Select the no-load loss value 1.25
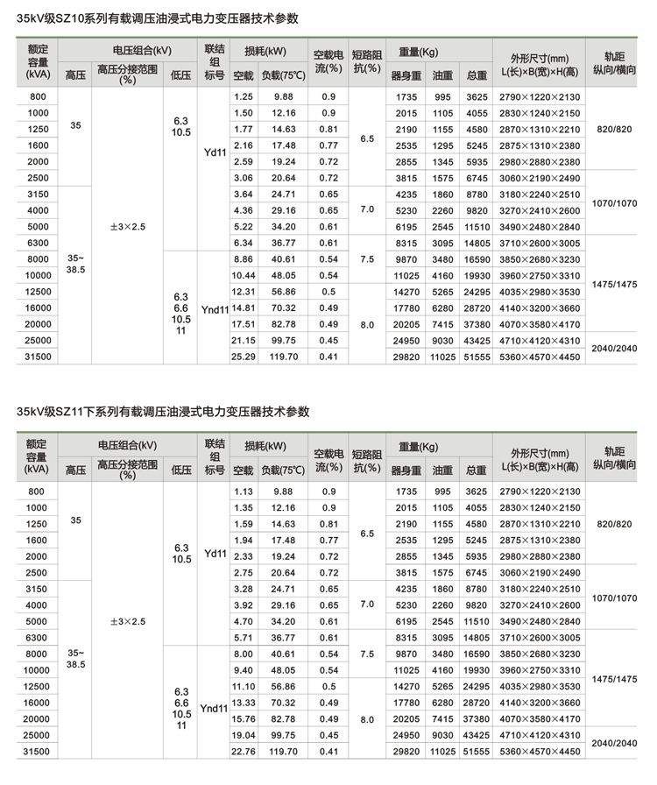[x=243, y=95]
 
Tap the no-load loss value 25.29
[x=243, y=357]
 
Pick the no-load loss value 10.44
[x=243, y=275]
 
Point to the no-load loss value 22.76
[x=243, y=751]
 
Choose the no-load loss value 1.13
[x=243, y=492]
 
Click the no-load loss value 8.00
[x=243, y=654]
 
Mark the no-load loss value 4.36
[x=243, y=210]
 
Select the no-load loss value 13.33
[x=243, y=702]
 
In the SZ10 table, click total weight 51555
[x=477, y=357]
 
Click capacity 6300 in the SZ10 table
[x=38, y=243]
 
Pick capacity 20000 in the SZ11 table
[x=38, y=718]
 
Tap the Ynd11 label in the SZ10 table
[x=215, y=309]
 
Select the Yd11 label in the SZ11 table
[x=215, y=554]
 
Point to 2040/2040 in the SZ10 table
[x=615, y=348]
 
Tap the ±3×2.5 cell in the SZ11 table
[x=128, y=621]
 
